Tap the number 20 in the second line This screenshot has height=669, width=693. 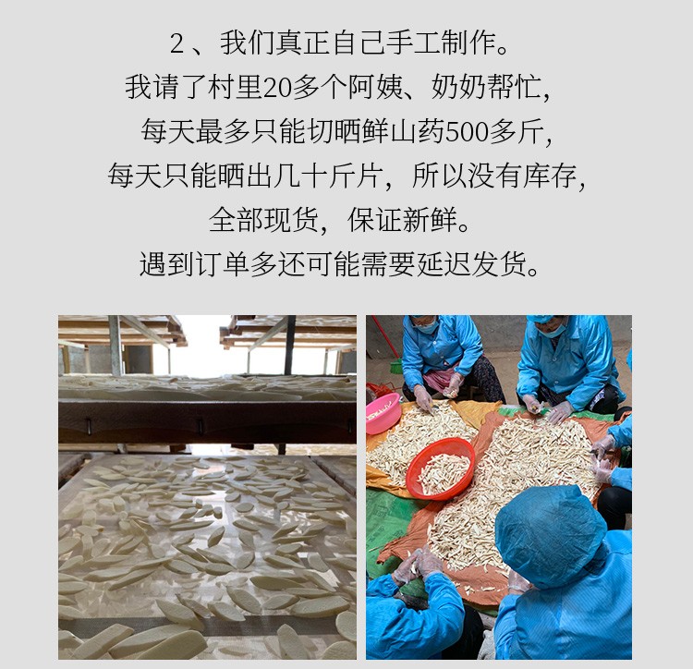pyautogui.click(x=276, y=88)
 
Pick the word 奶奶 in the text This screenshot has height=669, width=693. pyautogui.click(x=458, y=88)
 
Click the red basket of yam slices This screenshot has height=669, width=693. pyautogui.click(x=440, y=469)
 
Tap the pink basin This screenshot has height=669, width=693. pyautogui.click(x=383, y=413)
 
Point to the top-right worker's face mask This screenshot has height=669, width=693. pyautogui.click(x=553, y=330)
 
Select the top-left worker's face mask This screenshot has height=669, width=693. pyautogui.click(x=427, y=327)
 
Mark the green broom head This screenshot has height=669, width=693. pyautogui.click(x=396, y=366)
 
